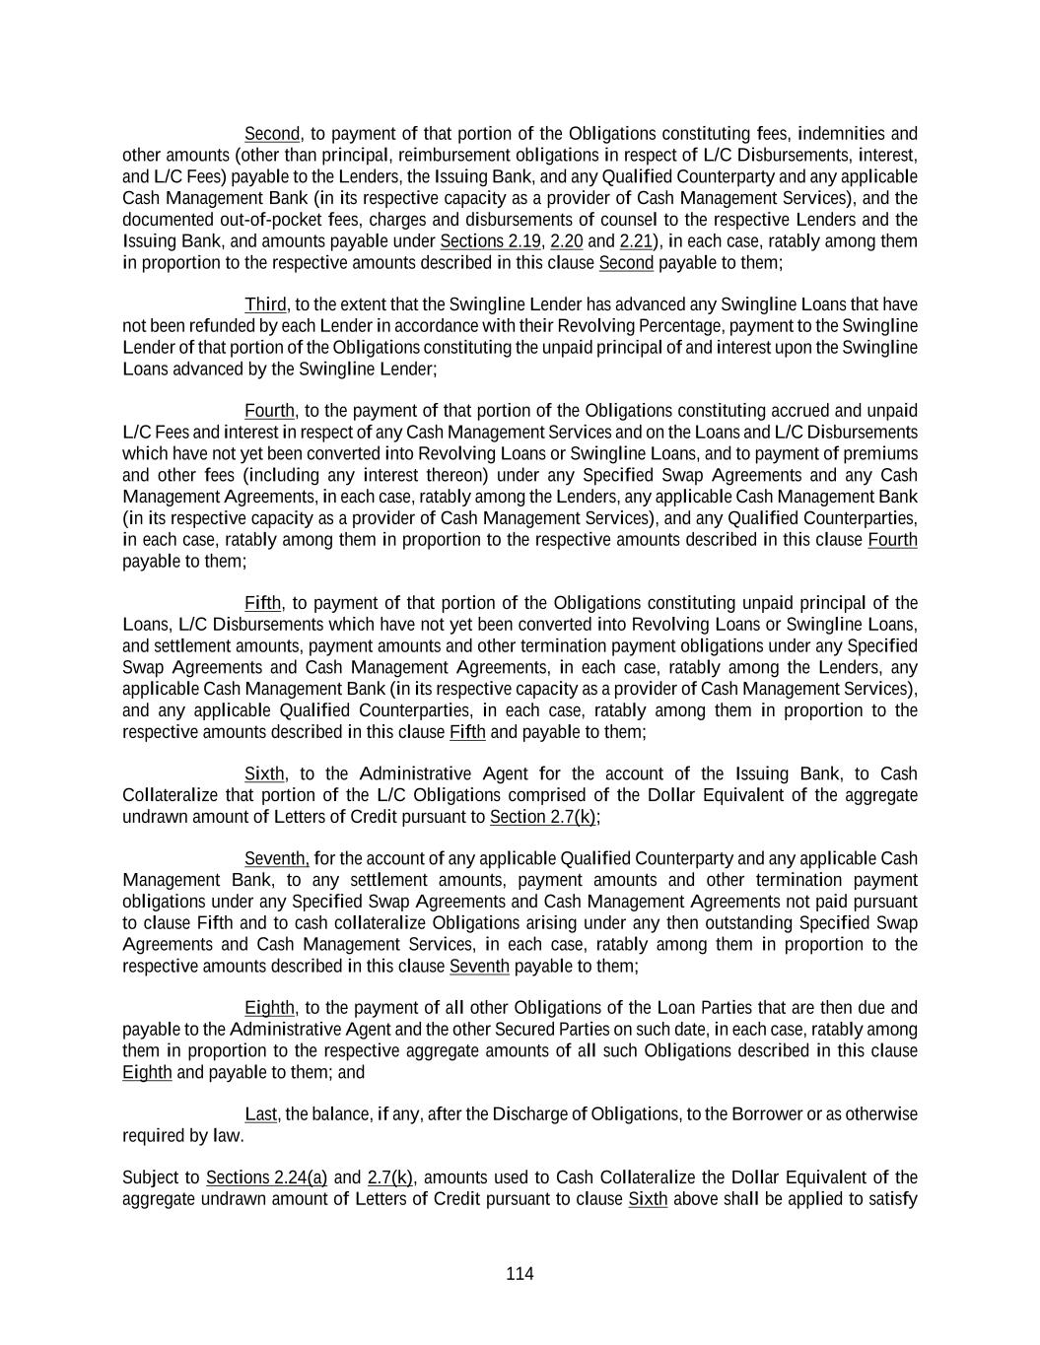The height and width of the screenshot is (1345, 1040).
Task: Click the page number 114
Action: (x=520, y=1274)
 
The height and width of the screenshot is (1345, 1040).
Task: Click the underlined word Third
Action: (x=265, y=304)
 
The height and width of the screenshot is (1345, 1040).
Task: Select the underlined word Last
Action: (x=260, y=1114)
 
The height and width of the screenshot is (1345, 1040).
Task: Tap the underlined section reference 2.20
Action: (x=566, y=241)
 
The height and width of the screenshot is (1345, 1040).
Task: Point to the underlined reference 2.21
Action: (x=636, y=241)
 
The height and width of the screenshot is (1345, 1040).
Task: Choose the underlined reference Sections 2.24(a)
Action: (x=266, y=1177)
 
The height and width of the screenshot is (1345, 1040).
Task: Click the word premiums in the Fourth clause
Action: (x=883, y=454)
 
